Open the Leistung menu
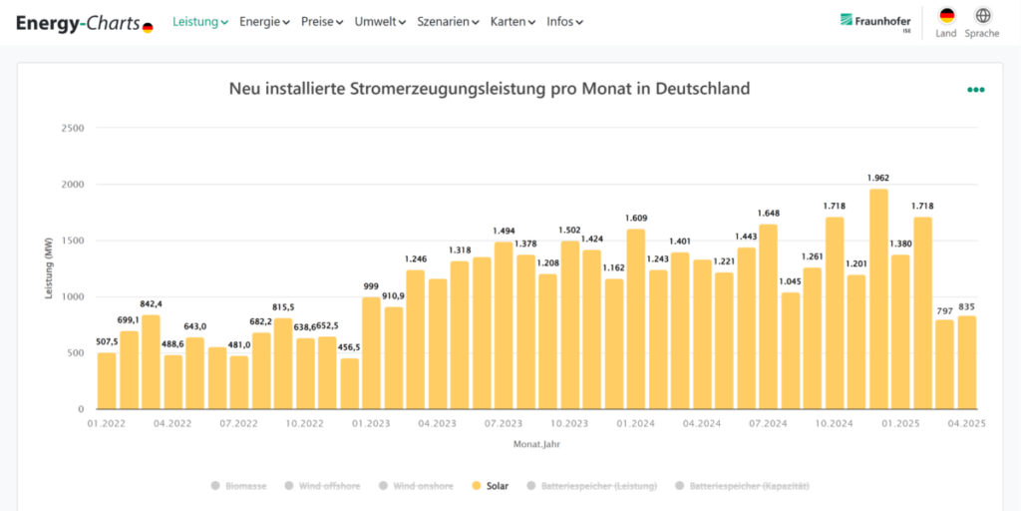click(199, 21)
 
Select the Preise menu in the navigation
click(321, 21)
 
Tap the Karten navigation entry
click(512, 21)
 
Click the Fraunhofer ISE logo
click(875, 22)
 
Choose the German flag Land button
click(946, 21)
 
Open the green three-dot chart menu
click(975, 90)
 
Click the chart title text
click(490, 89)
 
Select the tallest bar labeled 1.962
click(878, 299)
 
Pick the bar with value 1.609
click(636, 319)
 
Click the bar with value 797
click(944, 364)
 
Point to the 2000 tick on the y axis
click(71, 185)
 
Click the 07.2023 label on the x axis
click(504, 423)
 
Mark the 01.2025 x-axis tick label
click(899, 423)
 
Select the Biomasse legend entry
click(238, 486)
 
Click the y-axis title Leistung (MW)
click(48, 268)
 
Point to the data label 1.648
click(768, 214)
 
